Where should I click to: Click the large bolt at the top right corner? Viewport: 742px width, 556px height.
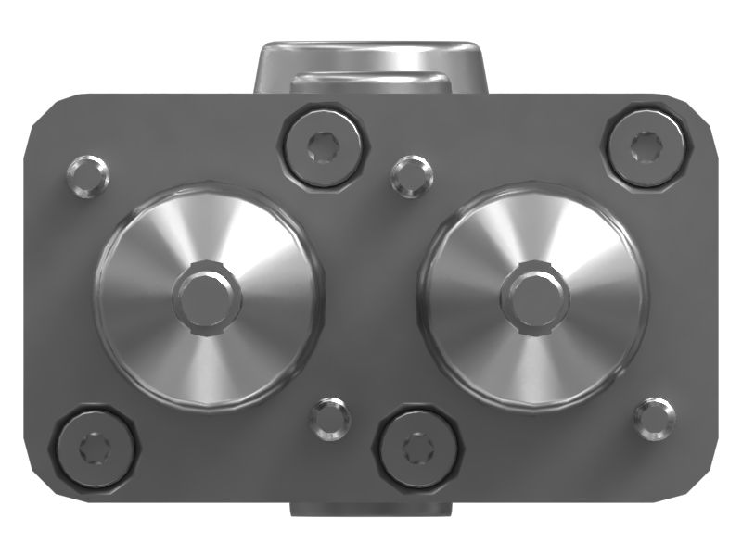(645, 146)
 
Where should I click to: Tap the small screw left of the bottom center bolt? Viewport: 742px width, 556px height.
(329, 419)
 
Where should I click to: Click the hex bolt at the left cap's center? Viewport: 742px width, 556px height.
(208, 297)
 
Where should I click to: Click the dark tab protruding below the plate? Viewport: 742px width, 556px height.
(371, 509)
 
